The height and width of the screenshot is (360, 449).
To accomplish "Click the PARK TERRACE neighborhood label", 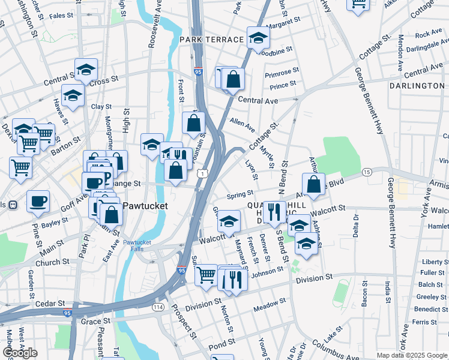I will click(x=211, y=40).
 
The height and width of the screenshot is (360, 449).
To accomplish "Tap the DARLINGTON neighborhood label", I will click(x=417, y=86).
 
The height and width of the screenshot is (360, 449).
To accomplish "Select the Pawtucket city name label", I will click(x=145, y=206).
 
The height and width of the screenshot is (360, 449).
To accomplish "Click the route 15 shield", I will click(x=366, y=173).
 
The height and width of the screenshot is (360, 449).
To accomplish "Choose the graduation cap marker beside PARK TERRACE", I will click(x=258, y=37).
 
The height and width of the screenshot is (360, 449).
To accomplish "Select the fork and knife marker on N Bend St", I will click(x=273, y=211).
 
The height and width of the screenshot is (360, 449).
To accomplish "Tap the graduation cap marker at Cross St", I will click(x=86, y=69).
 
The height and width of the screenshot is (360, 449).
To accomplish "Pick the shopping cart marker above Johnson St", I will click(x=206, y=275).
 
